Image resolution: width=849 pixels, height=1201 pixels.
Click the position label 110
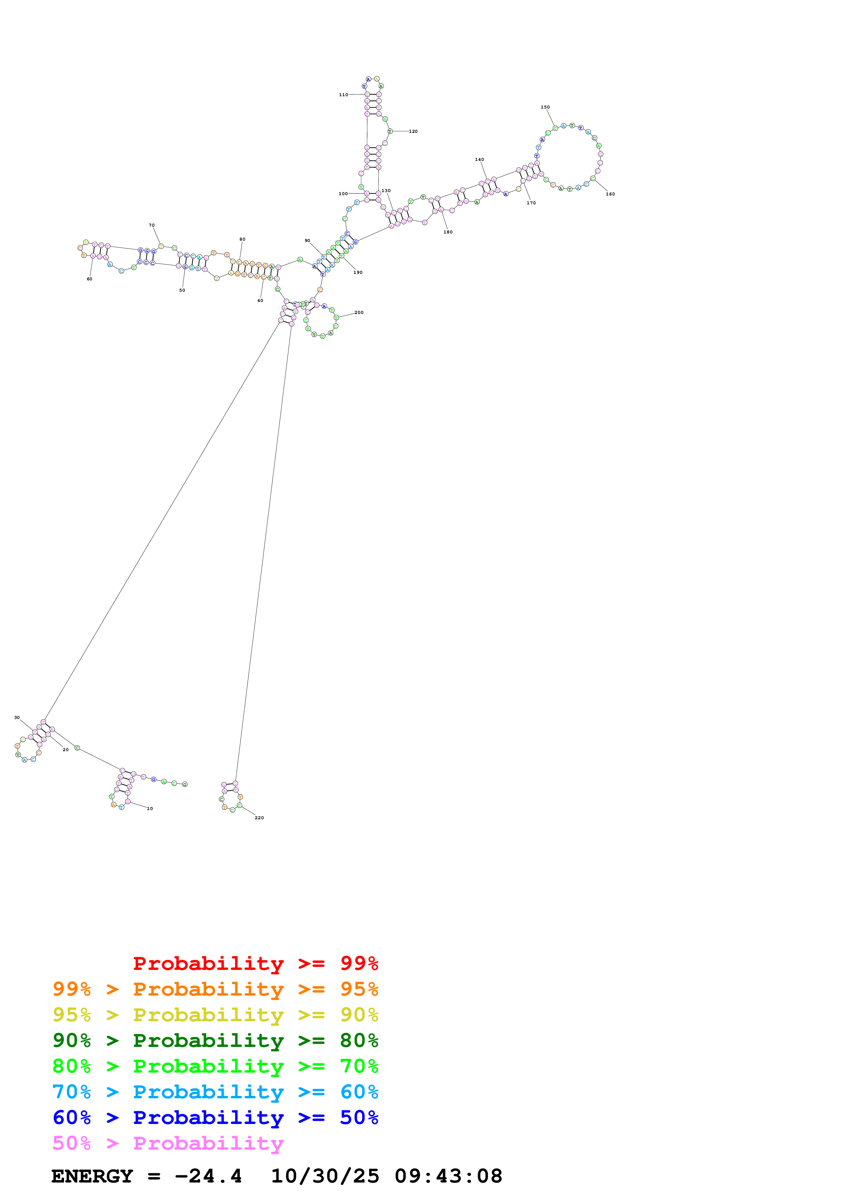pyautogui.click(x=343, y=95)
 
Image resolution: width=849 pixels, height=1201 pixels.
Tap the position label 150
pyautogui.click(x=545, y=107)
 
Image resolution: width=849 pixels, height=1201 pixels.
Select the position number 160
pyautogui.click(x=610, y=194)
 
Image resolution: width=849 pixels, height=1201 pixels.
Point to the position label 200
pyautogui.click(x=359, y=312)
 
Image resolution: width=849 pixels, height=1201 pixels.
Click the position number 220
pyautogui.click(x=259, y=818)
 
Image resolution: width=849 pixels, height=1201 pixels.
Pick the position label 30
pyautogui.click(x=17, y=718)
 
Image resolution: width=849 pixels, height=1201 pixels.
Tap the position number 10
pyautogui.click(x=150, y=809)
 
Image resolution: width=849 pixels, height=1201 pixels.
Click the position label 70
pyautogui.click(x=152, y=226)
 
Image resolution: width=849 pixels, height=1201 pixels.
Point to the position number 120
pyautogui.click(x=413, y=131)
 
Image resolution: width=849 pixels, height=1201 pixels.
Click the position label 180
pyautogui.click(x=448, y=232)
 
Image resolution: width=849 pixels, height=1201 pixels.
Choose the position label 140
pyautogui.click(x=479, y=160)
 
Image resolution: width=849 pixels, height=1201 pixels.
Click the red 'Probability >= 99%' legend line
pyautogui.click(x=255, y=963)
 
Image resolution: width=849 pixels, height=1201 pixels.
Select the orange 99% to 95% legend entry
pyautogui.click(x=215, y=989)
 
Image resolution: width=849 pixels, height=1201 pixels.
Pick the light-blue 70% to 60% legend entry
pyautogui.click(x=215, y=1092)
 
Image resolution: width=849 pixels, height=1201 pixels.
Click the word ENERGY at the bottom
pyautogui.click(x=92, y=1176)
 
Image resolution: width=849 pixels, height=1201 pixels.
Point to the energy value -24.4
pyautogui.click(x=208, y=1176)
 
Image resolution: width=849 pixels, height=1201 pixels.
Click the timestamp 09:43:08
pyautogui.click(x=448, y=1176)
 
